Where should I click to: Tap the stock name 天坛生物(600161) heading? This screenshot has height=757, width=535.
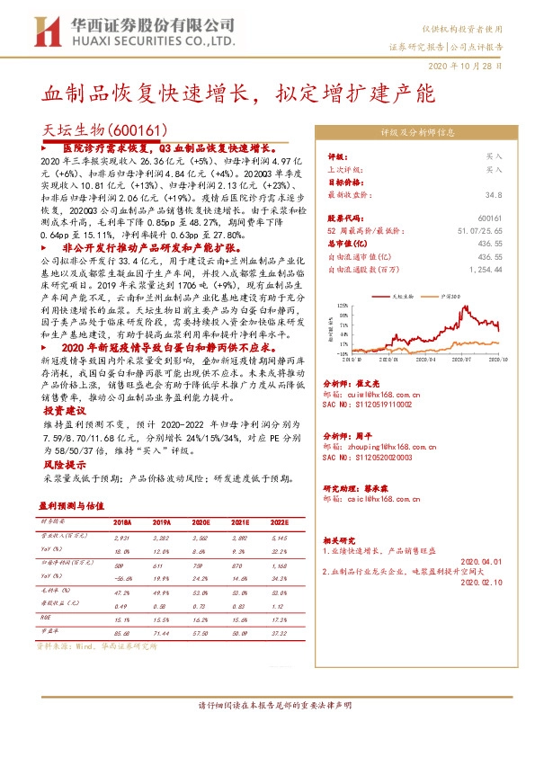[x=98, y=130]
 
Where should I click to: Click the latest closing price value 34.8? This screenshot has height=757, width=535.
[x=493, y=194]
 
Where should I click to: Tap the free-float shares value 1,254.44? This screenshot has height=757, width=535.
[x=484, y=268]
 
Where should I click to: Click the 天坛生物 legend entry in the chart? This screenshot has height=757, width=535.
[x=403, y=295]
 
